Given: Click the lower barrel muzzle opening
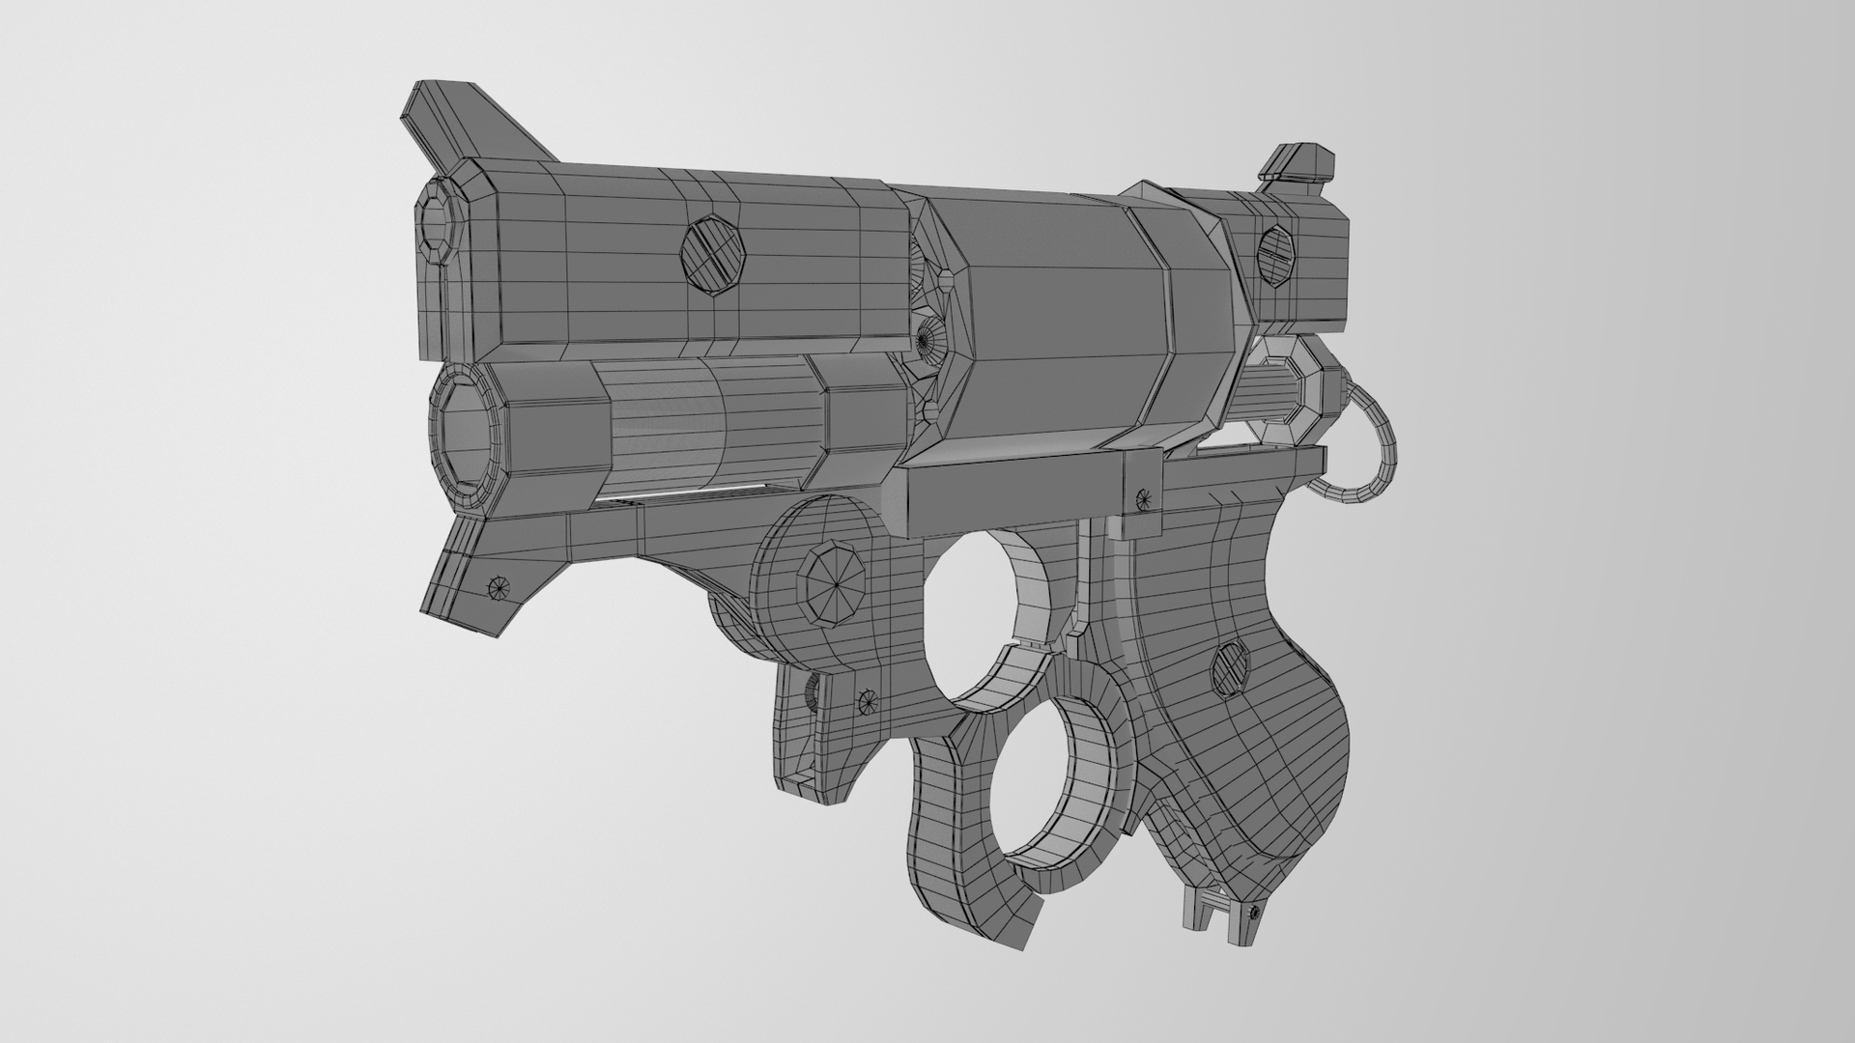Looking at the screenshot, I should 468,431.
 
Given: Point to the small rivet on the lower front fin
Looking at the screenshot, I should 499,585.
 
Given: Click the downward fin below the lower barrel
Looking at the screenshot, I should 473,579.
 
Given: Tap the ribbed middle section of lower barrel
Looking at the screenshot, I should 715,425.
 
